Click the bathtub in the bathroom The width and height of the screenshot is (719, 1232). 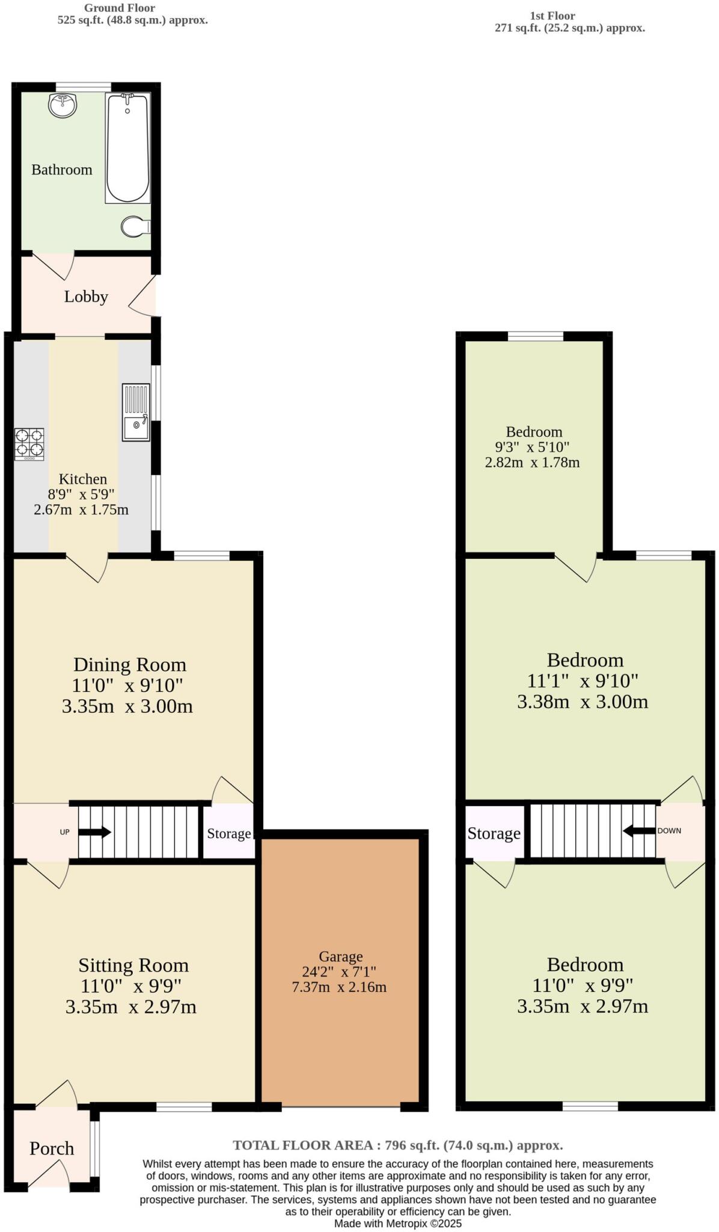pyautogui.click(x=127, y=147)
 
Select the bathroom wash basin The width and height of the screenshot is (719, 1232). pyautogui.click(x=63, y=106)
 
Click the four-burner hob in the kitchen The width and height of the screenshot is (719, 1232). pyautogui.click(x=29, y=444)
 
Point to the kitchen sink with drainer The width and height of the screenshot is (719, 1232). pyautogui.click(x=136, y=413)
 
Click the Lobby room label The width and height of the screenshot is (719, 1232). pyautogui.click(x=86, y=297)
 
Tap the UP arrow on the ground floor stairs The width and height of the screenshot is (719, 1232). pyautogui.click(x=94, y=833)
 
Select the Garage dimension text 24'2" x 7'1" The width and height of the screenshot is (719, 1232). pyautogui.click(x=340, y=972)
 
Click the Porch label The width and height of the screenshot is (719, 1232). pyautogui.click(x=52, y=1148)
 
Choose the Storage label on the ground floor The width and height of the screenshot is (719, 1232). pyautogui.click(x=229, y=834)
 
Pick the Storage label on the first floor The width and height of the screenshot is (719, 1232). pyautogui.click(x=494, y=833)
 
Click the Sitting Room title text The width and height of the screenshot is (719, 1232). pyautogui.click(x=133, y=966)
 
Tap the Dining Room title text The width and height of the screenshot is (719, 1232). pyautogui.click(x=130, y=665)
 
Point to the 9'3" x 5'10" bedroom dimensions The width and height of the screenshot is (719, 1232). pyautogui.click(x=532, y=448)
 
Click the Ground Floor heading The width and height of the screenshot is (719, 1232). pyautogui.click(x=119, y=8)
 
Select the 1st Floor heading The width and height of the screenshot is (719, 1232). pyautogui.click(x=552, y=16)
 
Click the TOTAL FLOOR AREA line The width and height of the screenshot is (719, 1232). pyautogui.click(x=397, y=1145)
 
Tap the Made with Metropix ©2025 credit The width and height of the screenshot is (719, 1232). pyautogui.click(x=397, y=1224)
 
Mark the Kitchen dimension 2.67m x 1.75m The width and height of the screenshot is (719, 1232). pyautogui.click(x=81, y=510)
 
